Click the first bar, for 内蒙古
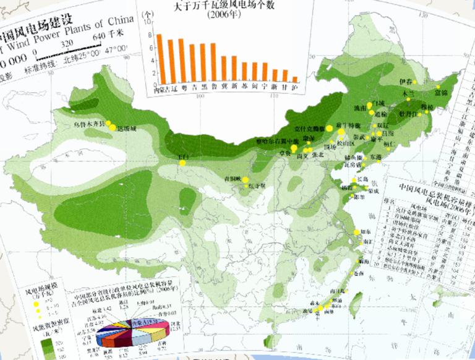pyautogui.click(x=159, y=58)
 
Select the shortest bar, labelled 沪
pyautogui.click(x=296, y=79)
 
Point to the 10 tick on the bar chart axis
pyautogui.click(x=148, y=22)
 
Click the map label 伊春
pyautogui.click(x=405, y=82)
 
